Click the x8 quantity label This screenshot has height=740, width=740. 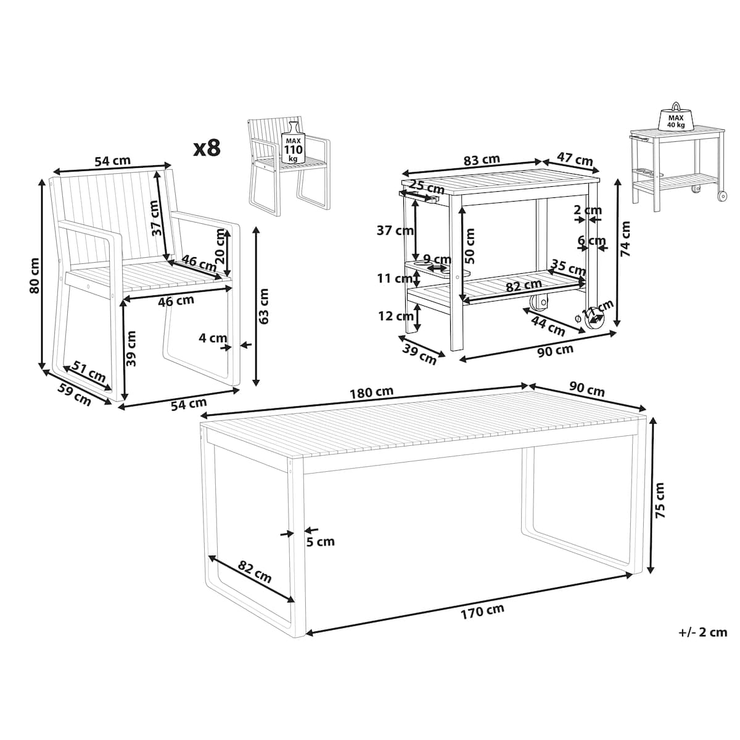point(207,148)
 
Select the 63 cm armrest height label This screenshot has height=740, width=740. point(263,306)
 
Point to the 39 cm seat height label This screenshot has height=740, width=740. point(131,348)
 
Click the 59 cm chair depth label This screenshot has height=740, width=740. point(75,394)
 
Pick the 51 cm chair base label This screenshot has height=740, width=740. point(89,371)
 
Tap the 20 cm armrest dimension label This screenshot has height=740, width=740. point(220,246)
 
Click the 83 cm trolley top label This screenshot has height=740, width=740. point(482,160)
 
